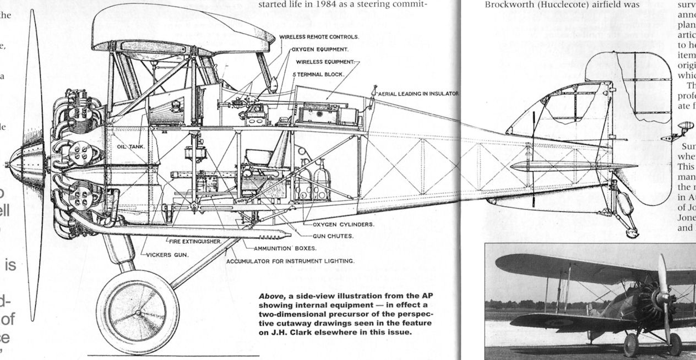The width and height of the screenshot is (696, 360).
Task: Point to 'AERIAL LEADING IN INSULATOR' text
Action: (x=418, y=94)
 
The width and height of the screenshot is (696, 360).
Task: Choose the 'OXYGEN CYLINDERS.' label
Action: (x=344, y=225)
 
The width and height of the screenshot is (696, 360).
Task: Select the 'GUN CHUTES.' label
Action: (x=333, y=236)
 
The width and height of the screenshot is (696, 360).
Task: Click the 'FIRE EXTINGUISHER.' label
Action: (x=194, y=242)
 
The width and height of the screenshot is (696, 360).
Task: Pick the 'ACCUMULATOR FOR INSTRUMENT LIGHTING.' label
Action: (x=290, y=260)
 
